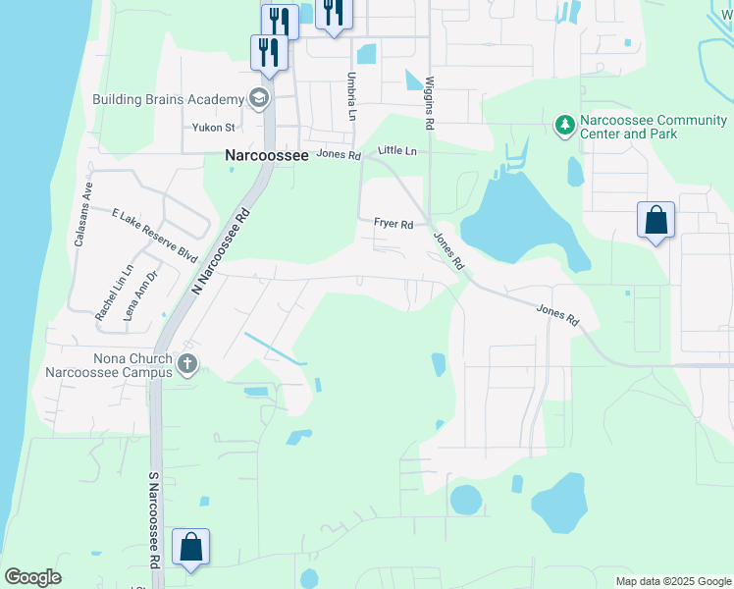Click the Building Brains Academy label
pos(168,99)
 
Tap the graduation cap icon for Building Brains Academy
pos(259,98)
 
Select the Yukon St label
pos(214,128)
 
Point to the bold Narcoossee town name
pos(267,155)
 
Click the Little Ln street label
pos(397,151)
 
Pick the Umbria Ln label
pos(351,95)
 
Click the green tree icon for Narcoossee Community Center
pos(564,126)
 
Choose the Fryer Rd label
pos(393,223)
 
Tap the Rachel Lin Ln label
pos(113,293)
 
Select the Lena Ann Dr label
pos(141,293)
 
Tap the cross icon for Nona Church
pos(187,365)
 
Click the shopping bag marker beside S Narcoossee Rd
pos(190,548)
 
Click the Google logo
pos(32,577)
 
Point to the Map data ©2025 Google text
pos(672,581)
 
